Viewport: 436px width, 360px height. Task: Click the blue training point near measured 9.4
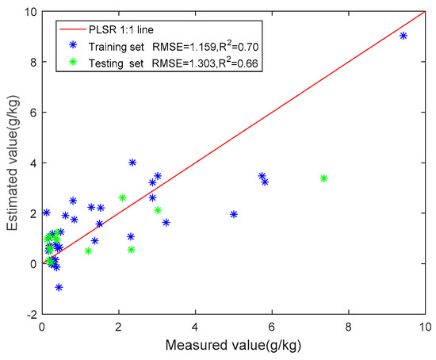403,36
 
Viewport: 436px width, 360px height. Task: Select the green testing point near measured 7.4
323,178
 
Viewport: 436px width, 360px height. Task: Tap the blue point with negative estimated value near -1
59,287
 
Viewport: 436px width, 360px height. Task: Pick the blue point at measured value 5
234,214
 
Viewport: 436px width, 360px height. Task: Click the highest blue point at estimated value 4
132,163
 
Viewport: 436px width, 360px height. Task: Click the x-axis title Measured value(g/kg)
234,346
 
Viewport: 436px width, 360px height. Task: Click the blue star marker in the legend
74,45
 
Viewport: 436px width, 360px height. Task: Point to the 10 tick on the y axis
29,11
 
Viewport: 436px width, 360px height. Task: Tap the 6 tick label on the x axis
272,327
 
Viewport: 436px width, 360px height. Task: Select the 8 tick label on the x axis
349,327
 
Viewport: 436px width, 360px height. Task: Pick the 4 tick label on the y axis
32,163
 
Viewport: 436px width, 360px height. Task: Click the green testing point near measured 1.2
88,251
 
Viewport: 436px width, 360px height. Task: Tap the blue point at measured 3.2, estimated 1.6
166,223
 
